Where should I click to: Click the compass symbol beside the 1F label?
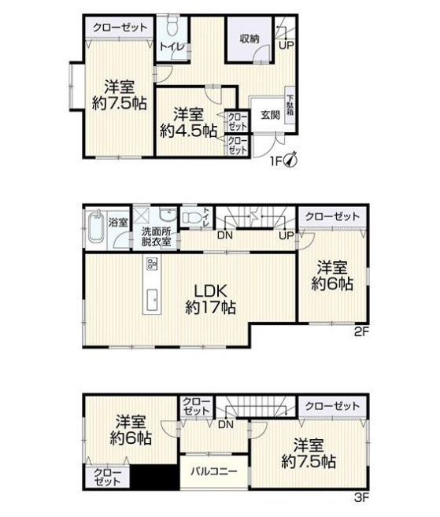pyautogui.click(x=291, y=160)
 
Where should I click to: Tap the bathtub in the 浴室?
pyautogui.click(x=97, y=227)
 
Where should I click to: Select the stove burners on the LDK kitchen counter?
pyautogui.click(x=152, y=264)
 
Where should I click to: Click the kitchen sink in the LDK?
pyautogui.click(x=152, y=299)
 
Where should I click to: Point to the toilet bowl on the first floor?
pyautogui.click(x=172, y=27)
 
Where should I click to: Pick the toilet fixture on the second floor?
pyautogui.click(x=192, y=218)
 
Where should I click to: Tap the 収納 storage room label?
pyautogui.click(x=250, y=39)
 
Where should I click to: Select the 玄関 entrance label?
pyautogui.click(x=271, y=115)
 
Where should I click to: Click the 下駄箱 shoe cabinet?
pyautogui.click(x=290, y=105)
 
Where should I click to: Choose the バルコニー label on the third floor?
pyautogui.click(x=214, y=471)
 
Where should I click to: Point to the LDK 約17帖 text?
pyautogui.click(x=210, y=299)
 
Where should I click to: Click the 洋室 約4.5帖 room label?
pyautogui.click(x=188, y=123)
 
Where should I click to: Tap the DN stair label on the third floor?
pyautogui.click(x=226, y=424)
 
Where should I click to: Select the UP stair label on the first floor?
pyautogui.click(x=287, y=45)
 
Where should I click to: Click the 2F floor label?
pyautogui.click(x=361, y=332)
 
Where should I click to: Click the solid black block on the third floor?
pyautogui.click(x=155, y=477)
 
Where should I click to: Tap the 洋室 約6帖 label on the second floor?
pyautogui.click(x=332, y=276)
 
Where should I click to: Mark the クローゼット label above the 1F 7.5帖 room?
pyautogui.click(x=120, y=27)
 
